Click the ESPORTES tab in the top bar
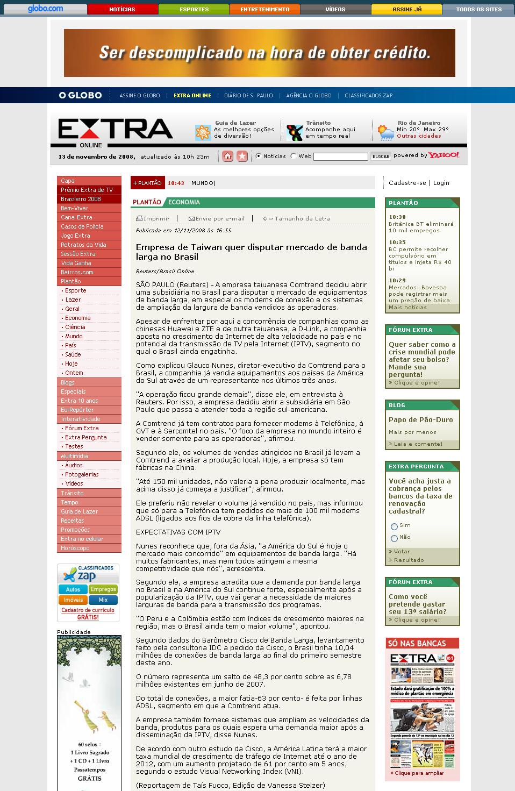(x=194, y=9)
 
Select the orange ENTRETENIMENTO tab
(x=264, y=9)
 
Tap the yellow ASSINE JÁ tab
(x=406, y=9)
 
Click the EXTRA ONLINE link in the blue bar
(x=192, y=96)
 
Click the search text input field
(x=340, y=156)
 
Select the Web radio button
(x=294, y=156)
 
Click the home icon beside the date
(x=228, y=156)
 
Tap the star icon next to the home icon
(x=242, y=156)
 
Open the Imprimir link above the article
(x=153, y=219)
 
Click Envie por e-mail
(x=217, y=219)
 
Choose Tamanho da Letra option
(x=297, y=219)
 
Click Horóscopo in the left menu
(x=75, y=548)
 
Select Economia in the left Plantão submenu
(x=78, y=318)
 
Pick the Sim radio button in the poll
(x=394, y=526)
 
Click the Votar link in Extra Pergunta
(x=401, y=552)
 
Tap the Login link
(x=441, y=183)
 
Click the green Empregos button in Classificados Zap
(x=103, y=589)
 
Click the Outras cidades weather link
(x=419, y=136)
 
